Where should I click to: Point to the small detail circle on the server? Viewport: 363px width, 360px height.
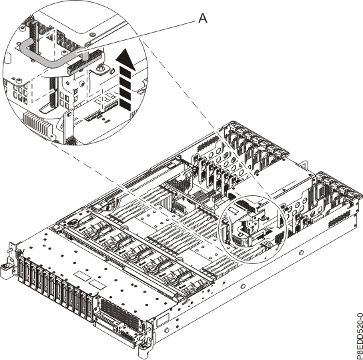click(x=251, y=229)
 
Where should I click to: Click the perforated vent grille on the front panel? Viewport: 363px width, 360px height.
click(x=117, y=311)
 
